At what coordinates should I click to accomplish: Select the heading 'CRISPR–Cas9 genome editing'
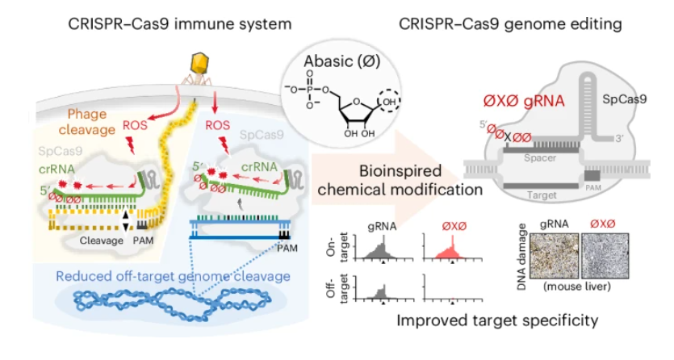click(510, 23)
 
